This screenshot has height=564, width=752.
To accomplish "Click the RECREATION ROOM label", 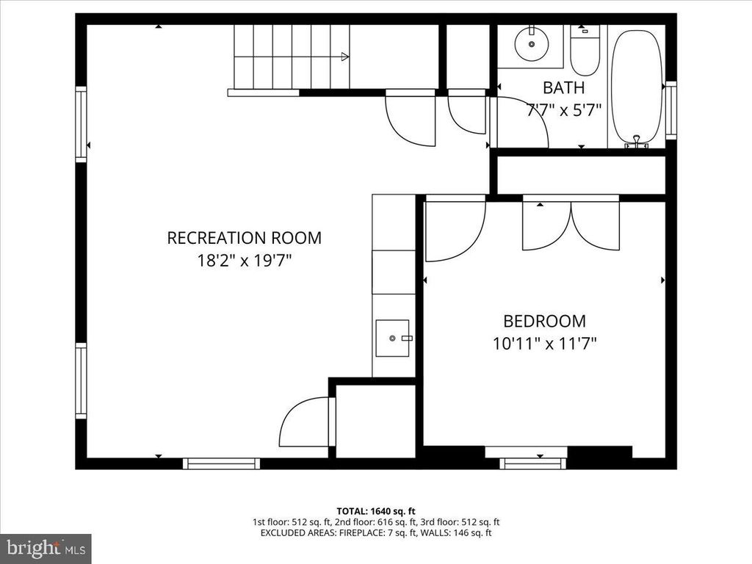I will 244,238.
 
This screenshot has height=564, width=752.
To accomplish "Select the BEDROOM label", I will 544,321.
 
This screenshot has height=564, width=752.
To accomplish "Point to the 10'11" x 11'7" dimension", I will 544,343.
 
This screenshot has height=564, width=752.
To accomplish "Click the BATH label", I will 564,88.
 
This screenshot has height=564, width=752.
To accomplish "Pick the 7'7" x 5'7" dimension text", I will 564,110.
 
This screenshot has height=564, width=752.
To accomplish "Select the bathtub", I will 636,87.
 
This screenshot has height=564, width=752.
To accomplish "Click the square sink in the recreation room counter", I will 393,338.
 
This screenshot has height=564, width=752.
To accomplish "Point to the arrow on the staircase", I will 344,56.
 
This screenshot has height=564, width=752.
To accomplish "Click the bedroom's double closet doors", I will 571,224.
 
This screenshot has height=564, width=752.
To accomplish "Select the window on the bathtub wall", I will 670,110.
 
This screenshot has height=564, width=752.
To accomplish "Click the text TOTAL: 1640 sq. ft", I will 376,510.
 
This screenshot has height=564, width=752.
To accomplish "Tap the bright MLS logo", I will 46,548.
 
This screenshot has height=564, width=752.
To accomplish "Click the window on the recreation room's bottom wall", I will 221,463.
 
